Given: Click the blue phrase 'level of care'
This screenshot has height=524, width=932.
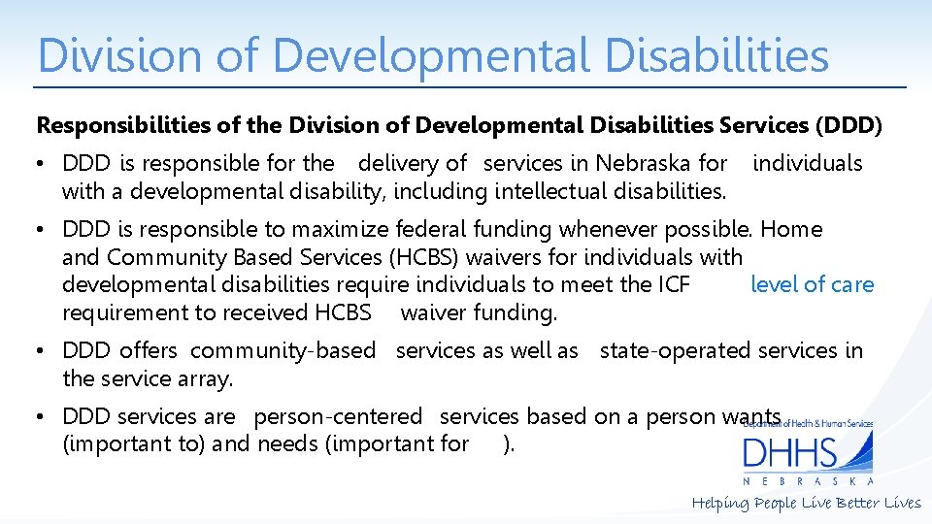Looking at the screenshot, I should (812, 284).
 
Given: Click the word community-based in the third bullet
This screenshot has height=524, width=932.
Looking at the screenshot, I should (283, 350).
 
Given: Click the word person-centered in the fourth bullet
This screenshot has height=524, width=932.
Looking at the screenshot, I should (338, 416).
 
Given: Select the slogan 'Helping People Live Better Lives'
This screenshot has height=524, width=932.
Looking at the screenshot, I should (806, 503).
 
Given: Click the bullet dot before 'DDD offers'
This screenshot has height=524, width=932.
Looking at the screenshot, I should (44, 351).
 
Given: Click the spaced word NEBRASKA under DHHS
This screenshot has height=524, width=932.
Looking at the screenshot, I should (808, 481).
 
